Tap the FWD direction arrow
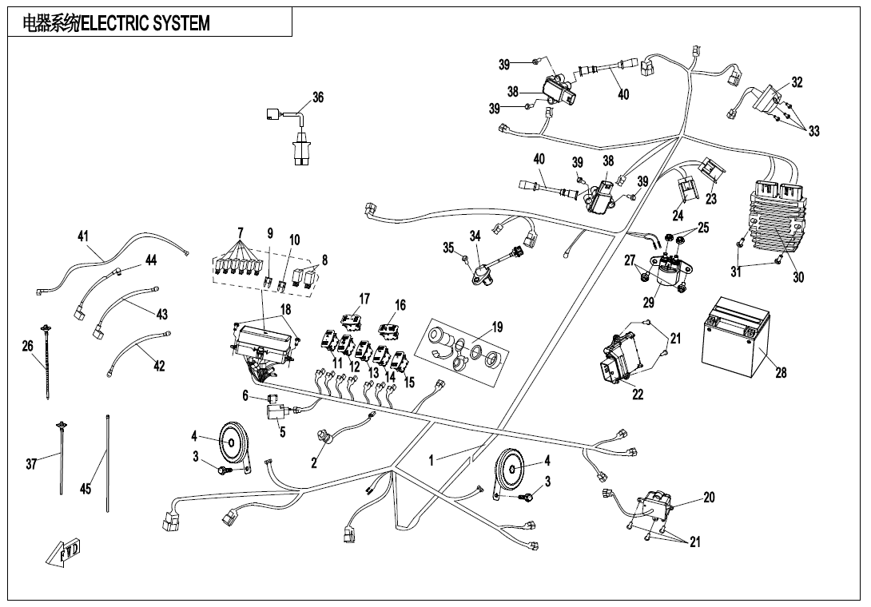pyautogui.click(x=68, y=552)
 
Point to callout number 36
pyautogui.click(x=317, y=97)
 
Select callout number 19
pyautogui.click(x=497, y=327)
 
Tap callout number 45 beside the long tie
pyautogui.click(x=86, y=490)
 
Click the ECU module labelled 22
pyautogui.click(x=623, y=359)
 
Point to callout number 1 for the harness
pyautogui.click(x=432, y=460)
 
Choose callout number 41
pyautogui.click(x=83, y=236)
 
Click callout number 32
pyautogui.click(x=797, y=82)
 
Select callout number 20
pyautogui.click(x=709, y=497)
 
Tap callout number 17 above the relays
pyautogui.click(x=364, y=299)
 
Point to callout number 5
pyautogui.click(x=282, y=432)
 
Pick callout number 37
pyautogui.click(x=31, y=464)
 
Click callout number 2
pyautogui.click(x=314, y=462)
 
